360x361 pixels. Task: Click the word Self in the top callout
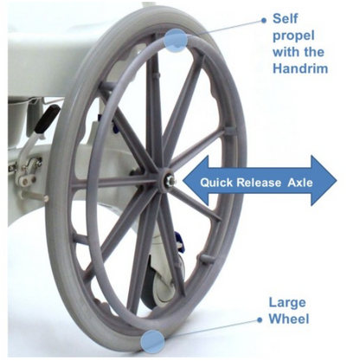click(285, 19)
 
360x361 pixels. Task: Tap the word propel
click(293, 36)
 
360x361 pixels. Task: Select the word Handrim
click(300, 68)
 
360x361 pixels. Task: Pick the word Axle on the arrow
click(300, 183)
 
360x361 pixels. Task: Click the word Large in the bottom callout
click(287, 304)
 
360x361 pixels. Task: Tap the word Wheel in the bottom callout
click(289, 319)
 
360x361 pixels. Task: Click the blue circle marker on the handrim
click(176, 41)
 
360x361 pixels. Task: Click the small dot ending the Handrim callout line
click(263, 20)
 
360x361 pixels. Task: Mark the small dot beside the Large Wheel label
click(260, 319)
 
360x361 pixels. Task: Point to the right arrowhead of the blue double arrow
click(324, 181)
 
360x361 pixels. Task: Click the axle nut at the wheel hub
click(168, 181)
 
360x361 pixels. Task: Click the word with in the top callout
click(285, 52)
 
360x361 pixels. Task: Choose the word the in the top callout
click(312, 52)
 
